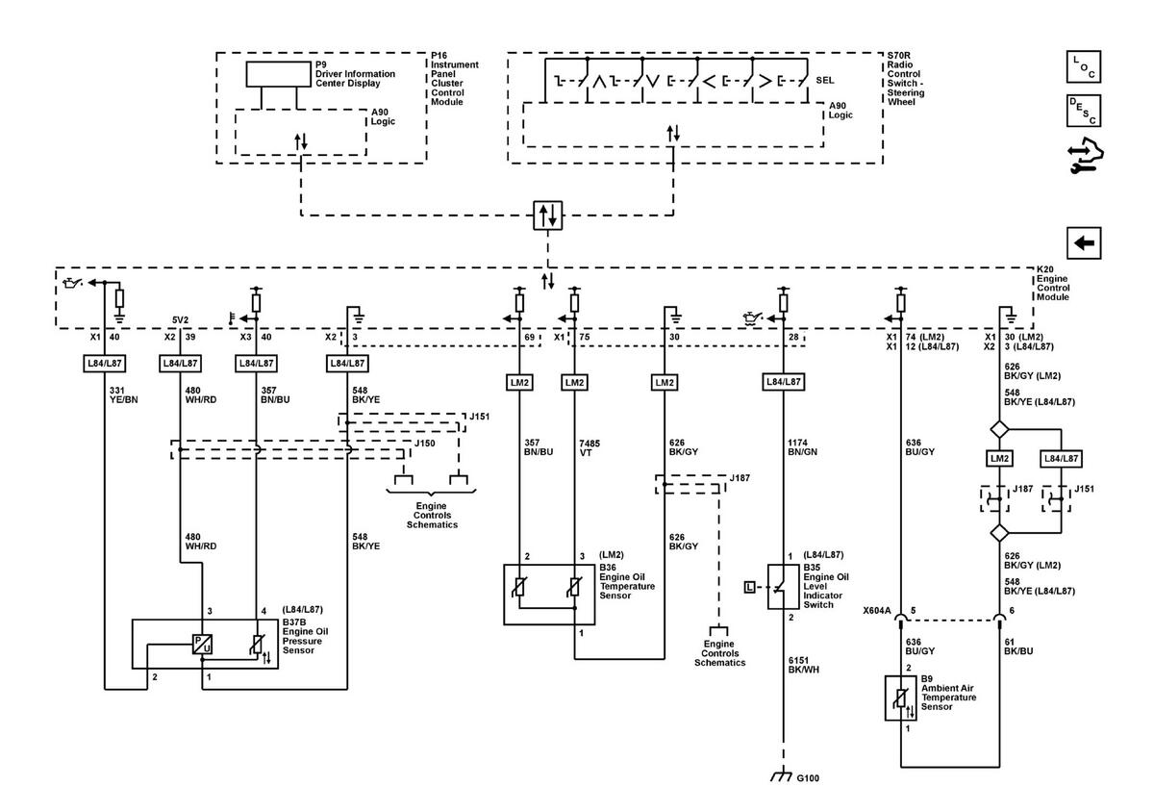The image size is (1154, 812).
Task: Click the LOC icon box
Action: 1084,66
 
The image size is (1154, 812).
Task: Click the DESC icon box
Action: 1084,111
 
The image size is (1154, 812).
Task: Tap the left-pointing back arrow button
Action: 1084,242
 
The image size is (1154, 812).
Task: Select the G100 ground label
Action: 808,778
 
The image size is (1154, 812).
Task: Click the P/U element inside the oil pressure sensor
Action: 202,644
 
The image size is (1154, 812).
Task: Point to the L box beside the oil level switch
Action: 749,587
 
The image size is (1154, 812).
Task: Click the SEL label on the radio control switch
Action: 825,81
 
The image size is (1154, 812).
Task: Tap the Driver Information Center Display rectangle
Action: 278,74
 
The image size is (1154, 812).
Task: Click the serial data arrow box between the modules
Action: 547,215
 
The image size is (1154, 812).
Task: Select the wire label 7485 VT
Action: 590,448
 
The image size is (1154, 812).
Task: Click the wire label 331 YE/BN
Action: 124,394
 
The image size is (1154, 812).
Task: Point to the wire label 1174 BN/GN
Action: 802,447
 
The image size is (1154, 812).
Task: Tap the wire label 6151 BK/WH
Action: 803,665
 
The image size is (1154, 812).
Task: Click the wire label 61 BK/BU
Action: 1018,647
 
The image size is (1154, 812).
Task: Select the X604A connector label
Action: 877,611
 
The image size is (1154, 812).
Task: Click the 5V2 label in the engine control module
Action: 181,320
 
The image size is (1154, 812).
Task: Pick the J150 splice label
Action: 425,444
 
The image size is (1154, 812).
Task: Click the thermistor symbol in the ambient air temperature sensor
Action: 900,698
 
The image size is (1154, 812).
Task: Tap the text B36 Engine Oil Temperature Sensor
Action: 627,581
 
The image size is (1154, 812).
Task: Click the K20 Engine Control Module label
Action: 1053,284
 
